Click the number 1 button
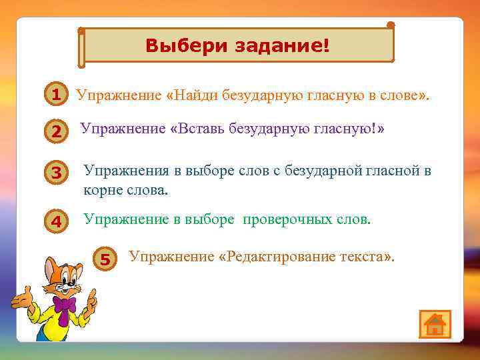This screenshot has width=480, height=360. coord(57,95)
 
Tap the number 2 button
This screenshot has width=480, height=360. coord(57,133)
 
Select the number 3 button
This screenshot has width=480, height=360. coord(57,173)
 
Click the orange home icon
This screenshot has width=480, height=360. coord(435,324)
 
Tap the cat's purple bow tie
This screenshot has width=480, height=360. coord(65,306)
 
